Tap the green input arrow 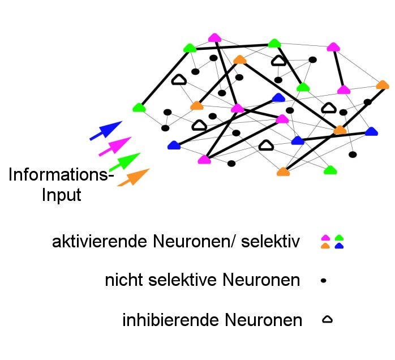(x=125, y=161)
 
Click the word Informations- (x=61, y=175)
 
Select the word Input (x=62, y=195)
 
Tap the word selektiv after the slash (x=273, y=242)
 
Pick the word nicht (x=123, y=280)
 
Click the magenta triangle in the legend (x=325, y=238)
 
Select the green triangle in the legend (x=340, y=238)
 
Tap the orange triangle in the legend (x=325, y=246)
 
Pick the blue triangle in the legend (x=340, y=246)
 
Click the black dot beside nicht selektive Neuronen (x=324, y=280)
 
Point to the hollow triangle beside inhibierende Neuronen (x=327, y=320)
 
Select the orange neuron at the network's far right (x=383, y=85)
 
